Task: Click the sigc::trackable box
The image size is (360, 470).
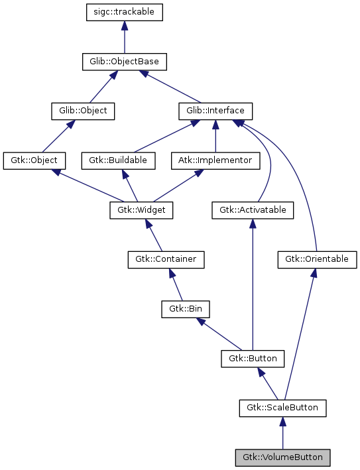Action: (124, 12)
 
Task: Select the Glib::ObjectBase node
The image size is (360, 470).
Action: (124, 62)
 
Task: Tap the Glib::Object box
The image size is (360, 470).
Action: (83, 111)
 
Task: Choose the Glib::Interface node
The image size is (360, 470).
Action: (215, 111)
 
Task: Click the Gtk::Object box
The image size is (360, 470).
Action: (34, 160)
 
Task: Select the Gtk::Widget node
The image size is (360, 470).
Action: (141, 210)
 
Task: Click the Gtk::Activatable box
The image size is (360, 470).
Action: (252, 210)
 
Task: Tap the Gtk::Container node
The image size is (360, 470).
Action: (166, 259)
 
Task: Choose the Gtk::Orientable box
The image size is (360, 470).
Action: (317, 259)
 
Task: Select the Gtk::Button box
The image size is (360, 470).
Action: (252, 359)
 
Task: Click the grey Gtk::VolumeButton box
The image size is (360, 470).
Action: (283, 457)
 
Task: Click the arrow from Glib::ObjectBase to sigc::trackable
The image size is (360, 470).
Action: (124, 37)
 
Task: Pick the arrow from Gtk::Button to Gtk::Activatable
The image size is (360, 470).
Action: (252, 285)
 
